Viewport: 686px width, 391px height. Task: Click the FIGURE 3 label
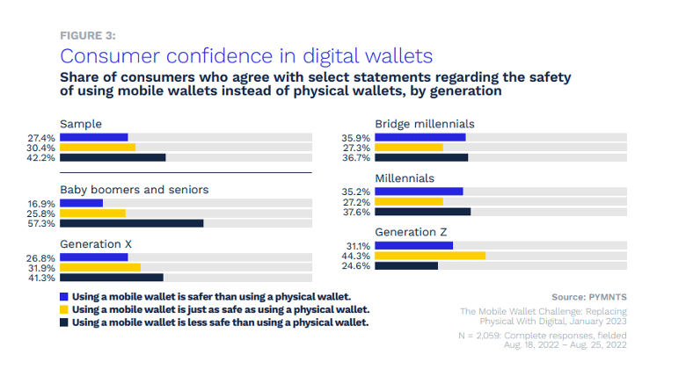click(x=87, y=35)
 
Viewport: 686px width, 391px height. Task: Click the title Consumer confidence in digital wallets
click(x=246, y=56)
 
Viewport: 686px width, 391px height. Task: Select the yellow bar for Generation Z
click(x=430, y=256)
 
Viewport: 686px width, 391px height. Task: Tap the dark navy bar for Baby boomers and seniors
click(x=131, y=223)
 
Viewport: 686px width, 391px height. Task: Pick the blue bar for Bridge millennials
click(x=420, y=137)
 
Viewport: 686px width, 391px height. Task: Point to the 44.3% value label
click(x=357, y=256)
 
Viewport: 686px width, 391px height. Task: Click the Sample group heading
click(x=81, y=124)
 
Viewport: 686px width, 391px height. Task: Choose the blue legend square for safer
click(x=64, y=297)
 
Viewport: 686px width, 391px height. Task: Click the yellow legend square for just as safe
click(x=64, y=309)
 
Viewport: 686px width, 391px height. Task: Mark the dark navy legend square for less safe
click(x=64, y=322)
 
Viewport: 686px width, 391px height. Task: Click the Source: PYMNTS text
click(x=588, y=297)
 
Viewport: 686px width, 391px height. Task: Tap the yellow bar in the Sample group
click(x=98, y=148)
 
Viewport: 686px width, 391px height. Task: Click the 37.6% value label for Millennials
click(x=357, y=212)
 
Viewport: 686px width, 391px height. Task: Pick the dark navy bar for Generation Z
click(x=406, y=265)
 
